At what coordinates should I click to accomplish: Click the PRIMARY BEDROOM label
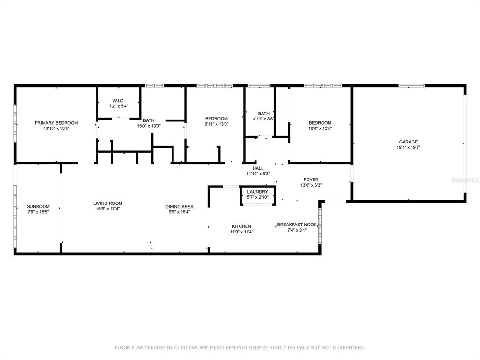[56, 123]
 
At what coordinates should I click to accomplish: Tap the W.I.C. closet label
[119, 101]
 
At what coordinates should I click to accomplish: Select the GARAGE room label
[408, 142]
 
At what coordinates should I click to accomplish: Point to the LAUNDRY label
[258, 192]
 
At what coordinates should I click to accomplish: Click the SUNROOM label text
[38, 206]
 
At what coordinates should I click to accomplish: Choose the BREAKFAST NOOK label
[297, 225]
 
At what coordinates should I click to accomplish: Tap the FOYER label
[311, 180]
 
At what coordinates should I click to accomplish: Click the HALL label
[258, 168]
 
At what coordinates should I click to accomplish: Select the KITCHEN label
[241, 226]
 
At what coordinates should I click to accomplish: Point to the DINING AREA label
[180, 207]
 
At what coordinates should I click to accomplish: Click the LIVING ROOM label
[108, 203]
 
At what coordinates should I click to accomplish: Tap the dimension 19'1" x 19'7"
[408, 147]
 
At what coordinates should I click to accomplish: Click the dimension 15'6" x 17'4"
[108, 209]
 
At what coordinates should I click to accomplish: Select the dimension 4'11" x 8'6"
[263, 119]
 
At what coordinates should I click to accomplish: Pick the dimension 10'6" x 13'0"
[320, 128]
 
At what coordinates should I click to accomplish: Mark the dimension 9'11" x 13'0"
[217, 124]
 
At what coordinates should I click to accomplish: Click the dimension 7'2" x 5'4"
[119, 106]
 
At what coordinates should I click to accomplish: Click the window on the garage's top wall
[412, 86]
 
